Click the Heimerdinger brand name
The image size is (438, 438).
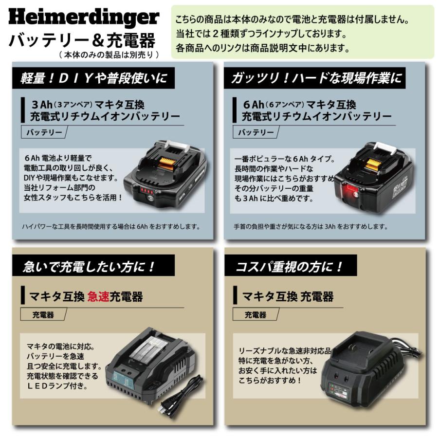click(84, 18)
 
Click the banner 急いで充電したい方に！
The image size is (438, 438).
click(90, 266)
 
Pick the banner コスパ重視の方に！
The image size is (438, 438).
click(290, 266)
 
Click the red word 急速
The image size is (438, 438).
click(99, 296)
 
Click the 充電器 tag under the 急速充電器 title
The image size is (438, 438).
click(44, 315)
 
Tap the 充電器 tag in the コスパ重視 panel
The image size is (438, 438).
click(256, 315)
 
